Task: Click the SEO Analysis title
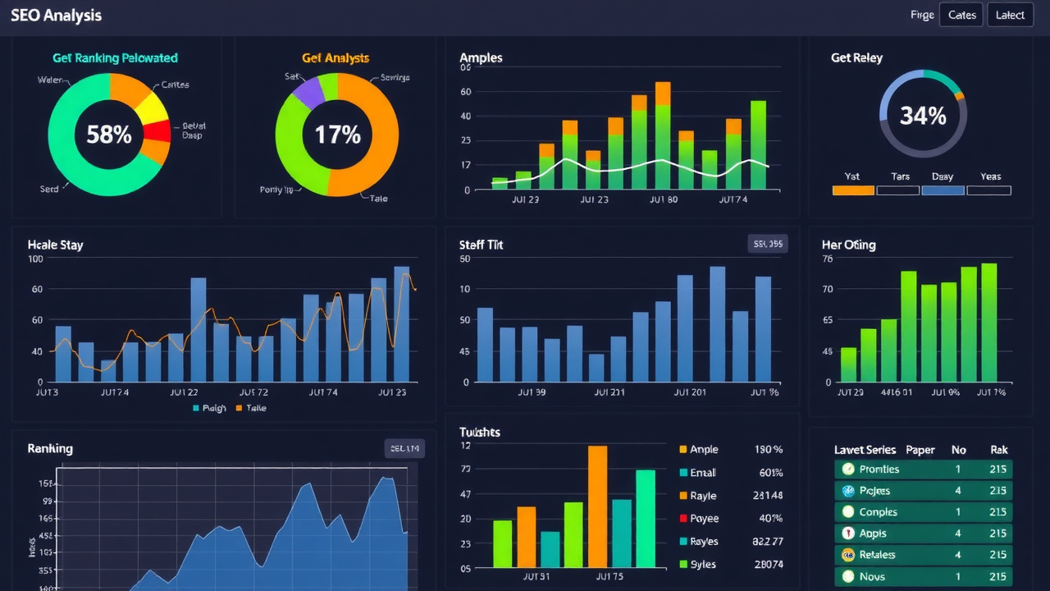[x=57, y=16]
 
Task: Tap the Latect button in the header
[x=1010, y=15]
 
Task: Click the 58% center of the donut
[x=109, y=135]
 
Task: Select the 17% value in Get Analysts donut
[x=337, y=135]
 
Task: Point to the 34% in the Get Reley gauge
[x=923, y=116]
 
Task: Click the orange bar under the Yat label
[x=853, y=190]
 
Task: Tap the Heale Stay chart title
[x=55, y=245]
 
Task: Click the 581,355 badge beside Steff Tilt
[x=768, y=244]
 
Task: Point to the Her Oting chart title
[x=848, y=245]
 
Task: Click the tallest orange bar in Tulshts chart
[x=598, y=506]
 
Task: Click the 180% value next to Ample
[x=768, y=450]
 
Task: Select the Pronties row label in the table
[x=879, y=470]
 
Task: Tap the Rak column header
[x=998, y=450]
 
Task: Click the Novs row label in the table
[x=872, y=576]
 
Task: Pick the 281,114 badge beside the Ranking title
[x=405, y=448]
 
